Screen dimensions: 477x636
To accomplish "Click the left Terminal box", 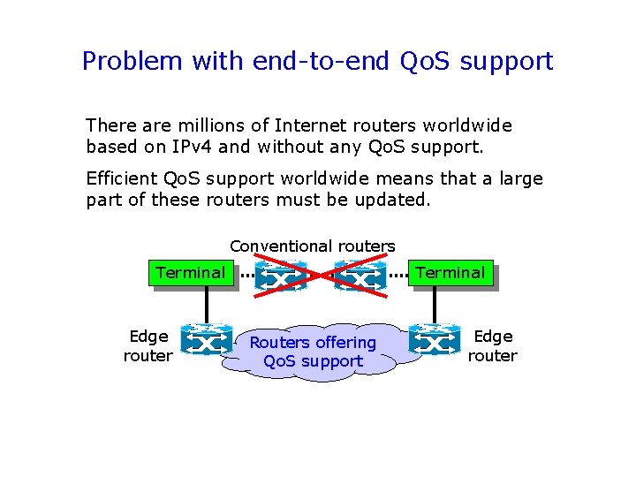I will [191, 274].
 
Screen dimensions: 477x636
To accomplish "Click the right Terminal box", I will [450, 274].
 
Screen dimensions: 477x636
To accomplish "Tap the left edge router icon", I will [206, 339].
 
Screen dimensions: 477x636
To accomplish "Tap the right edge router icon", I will [435, 339].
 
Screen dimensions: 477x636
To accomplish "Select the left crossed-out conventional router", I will [280, 276].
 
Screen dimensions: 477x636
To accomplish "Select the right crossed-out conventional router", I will [360, 276].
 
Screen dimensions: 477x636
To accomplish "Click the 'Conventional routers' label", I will [313, 246].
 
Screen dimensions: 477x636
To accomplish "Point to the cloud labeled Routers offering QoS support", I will [314, 352].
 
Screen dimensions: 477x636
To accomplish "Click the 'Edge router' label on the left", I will [148, 346].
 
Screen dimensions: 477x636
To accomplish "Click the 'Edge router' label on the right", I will [493, 346].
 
